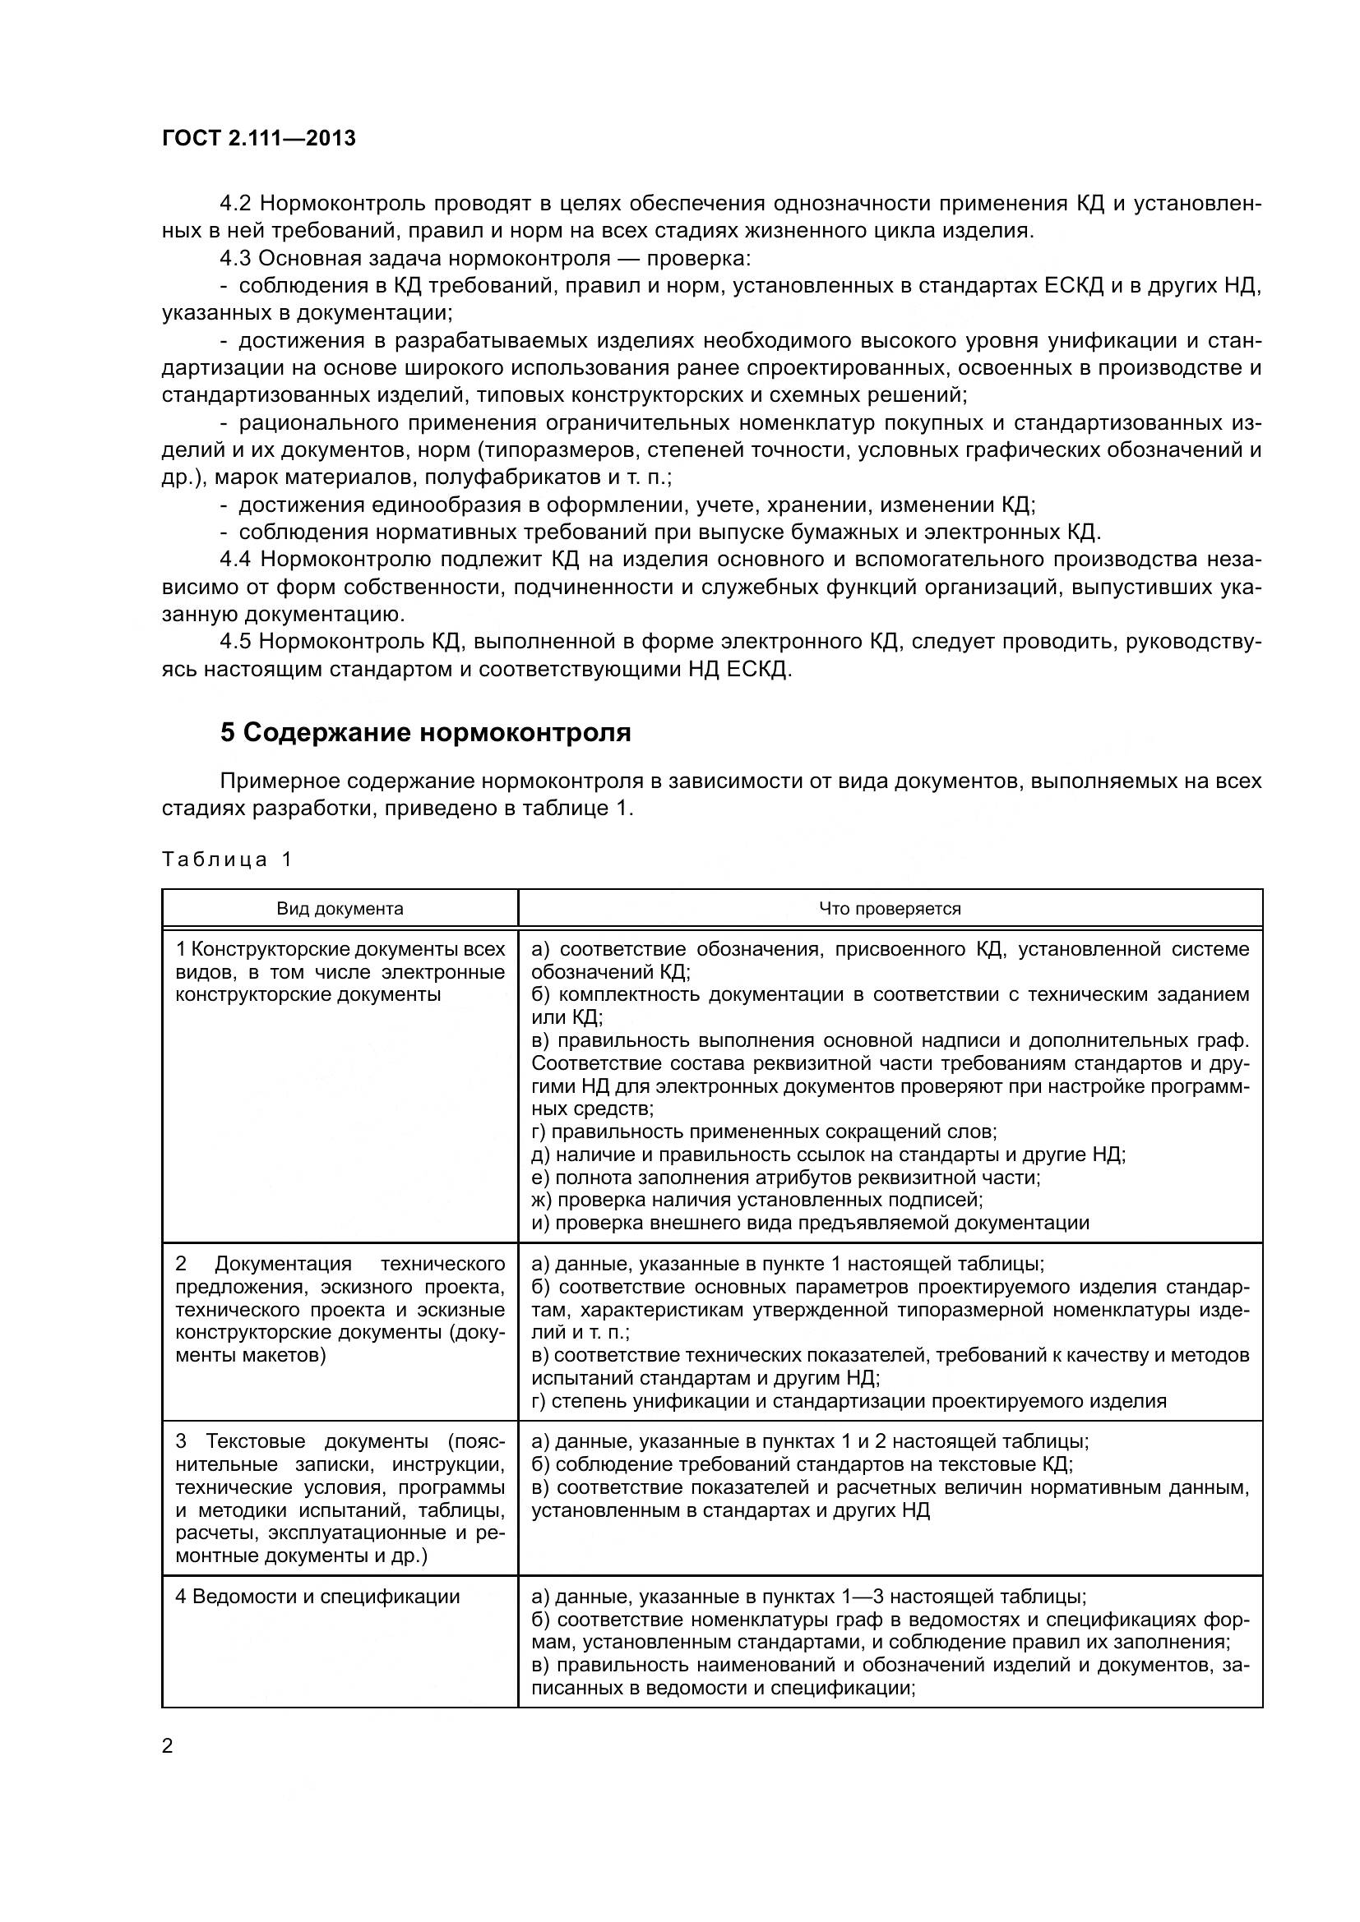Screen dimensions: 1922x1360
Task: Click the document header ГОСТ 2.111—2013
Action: [x=259, y=138]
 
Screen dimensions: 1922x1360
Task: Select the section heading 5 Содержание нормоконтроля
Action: [x=425, y=732]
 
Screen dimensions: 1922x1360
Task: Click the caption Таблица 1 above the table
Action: [x=227, y=860]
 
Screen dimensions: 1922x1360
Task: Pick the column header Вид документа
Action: [x=340, y=909]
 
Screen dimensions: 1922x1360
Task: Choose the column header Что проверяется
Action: [x=890, y=909]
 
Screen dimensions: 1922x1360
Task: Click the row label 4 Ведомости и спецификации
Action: [x=317, y=1597]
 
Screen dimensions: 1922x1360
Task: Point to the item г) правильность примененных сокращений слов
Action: [x=764, y=1132]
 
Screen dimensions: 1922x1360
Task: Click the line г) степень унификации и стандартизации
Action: [x=849, y=1401]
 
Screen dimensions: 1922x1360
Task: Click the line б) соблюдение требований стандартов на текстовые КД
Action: [x=803, y=1464]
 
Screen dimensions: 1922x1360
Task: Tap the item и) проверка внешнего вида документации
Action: [x=810, y=1223]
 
